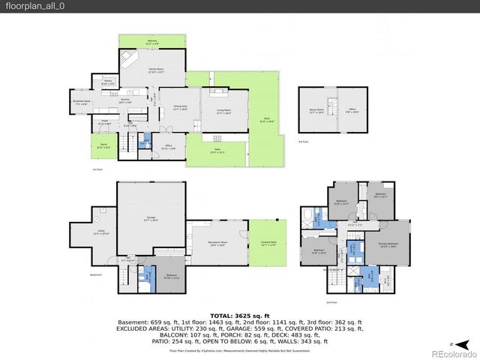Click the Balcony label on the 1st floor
[152, 42]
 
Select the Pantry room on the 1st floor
[107, 82]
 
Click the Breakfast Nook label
[82, 102]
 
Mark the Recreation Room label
[218, 244]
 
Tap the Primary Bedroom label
[388, 245]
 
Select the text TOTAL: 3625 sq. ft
[239, 315]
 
